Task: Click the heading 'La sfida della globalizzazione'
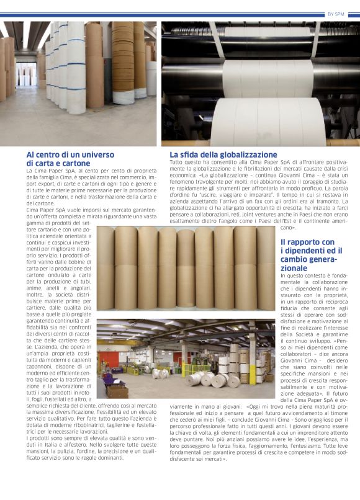tap(223, 154)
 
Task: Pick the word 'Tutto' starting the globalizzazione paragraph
tap(176, 163)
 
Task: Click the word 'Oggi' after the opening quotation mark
tap(254, 407)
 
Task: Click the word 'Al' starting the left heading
tap(30, 154)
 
